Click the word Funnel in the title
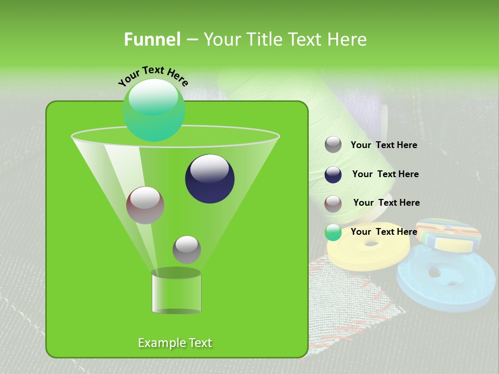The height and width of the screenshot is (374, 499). coord(152,39)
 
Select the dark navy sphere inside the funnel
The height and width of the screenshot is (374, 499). coord(209,179)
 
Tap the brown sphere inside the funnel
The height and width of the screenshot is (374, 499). coord(145,205)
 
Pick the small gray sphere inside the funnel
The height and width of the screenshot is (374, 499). coord(187,249)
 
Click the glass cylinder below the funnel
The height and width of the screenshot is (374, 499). coord(176,293)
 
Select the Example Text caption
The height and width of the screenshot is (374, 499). coord(175,343)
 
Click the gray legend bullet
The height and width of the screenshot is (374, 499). coord(333,145)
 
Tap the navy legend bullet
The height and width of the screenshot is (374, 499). coord(333,175)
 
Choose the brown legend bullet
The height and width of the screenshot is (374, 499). coord(333,204)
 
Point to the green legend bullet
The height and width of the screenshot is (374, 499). coord(333,232)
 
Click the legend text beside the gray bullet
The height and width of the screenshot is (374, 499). coord(384,145)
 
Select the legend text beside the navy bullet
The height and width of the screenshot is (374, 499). coord(385,175)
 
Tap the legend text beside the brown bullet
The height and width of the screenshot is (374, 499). coord(386,203)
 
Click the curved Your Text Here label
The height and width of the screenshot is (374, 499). coord(153,76)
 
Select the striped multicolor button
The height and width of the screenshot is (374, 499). coord(448,233)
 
